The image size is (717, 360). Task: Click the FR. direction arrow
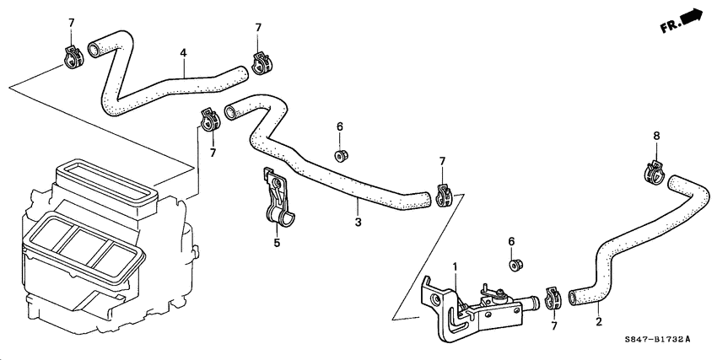[x=684, y=21]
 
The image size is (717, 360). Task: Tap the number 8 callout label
[x=656, y=136]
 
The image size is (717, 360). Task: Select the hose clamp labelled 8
[x=652, y=172]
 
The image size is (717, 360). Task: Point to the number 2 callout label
[x=599, y=320]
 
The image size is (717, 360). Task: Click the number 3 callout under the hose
[x=358, y=222]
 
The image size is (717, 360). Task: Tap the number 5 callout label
[x=276, y=244]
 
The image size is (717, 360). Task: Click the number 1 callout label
[x=455, y=267]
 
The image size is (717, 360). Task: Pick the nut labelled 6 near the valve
[x=515, y=265]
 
